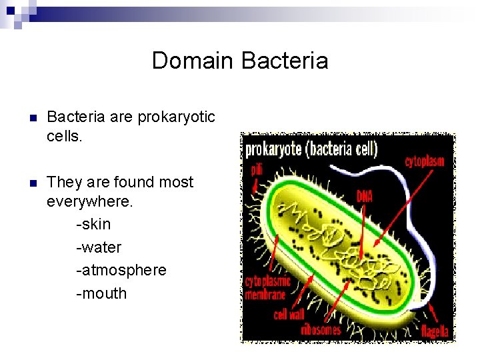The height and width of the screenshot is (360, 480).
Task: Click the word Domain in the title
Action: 193,61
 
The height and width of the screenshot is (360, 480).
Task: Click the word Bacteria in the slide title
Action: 284,61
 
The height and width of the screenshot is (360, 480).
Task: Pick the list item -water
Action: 99,247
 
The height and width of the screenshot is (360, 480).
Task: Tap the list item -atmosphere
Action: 121,270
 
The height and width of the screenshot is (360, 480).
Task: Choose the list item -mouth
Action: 101,293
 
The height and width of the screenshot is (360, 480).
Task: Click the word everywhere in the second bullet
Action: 90,202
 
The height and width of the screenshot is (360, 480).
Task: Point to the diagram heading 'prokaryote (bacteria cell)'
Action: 311,148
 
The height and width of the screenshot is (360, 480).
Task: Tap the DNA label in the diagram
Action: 365,196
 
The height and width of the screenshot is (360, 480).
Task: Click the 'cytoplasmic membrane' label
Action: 265,288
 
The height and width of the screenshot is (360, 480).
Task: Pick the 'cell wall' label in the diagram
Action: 289,313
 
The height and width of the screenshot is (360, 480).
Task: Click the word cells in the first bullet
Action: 63,136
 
